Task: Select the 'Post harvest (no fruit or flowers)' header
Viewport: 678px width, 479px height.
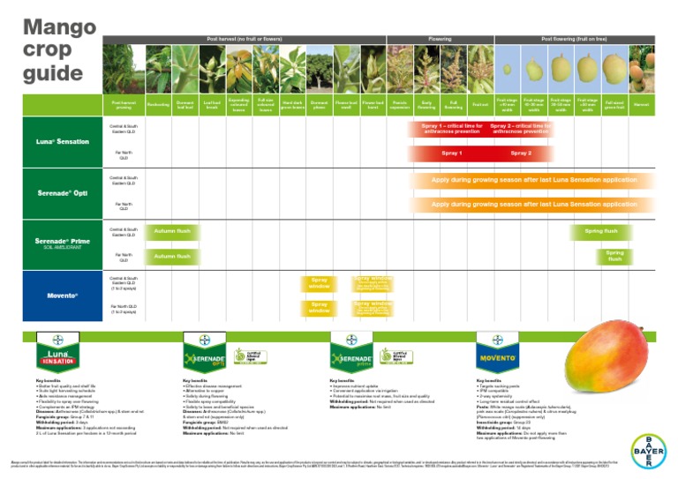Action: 244,40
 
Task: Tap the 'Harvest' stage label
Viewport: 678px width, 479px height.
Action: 642,105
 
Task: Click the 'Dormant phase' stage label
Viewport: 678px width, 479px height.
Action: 320,105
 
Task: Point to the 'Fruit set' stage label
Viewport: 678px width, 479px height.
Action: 480,105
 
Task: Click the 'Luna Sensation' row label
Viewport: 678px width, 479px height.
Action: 62,141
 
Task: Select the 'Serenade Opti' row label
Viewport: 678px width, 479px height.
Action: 62,192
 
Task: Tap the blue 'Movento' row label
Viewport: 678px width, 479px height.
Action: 62,295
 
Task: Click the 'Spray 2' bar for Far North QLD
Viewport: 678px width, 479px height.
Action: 521,153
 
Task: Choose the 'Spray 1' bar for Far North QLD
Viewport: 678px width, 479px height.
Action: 452,153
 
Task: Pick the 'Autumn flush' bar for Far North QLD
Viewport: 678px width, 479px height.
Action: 172,257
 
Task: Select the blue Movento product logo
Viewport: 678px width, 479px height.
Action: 501,358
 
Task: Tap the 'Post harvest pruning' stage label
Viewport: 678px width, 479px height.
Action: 124,105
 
